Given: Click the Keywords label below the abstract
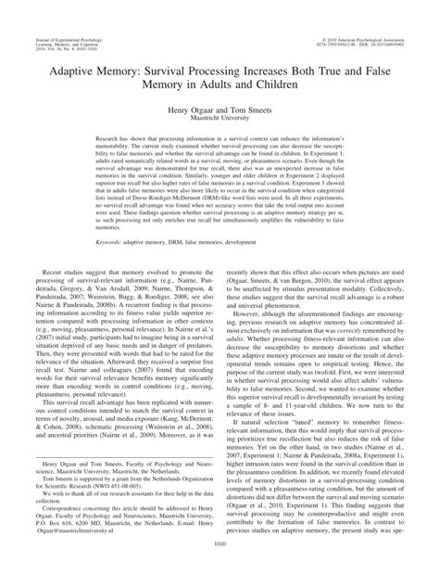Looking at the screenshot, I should pyautogui.click(x=95, y=268).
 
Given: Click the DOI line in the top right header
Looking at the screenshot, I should pyautogui.click(x=379, y=19).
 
